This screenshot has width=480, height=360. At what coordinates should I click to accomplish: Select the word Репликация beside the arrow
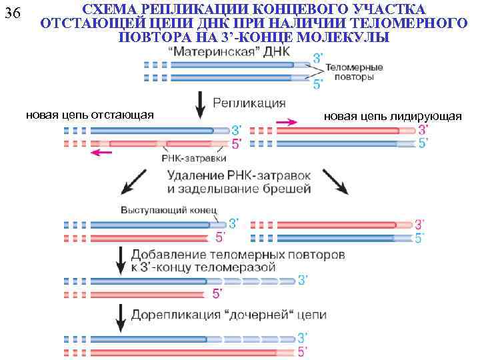(249, 103)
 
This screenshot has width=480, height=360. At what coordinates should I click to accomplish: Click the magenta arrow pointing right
(287, 122)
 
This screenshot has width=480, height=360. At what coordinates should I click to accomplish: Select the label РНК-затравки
(193, 159)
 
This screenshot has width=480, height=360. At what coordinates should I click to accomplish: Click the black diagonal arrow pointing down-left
(135, 181)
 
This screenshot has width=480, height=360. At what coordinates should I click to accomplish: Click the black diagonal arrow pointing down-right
(335, 181)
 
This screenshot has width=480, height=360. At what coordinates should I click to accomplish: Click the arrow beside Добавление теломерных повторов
(121, 260)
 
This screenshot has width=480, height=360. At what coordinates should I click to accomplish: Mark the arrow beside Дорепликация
(121, 317)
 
